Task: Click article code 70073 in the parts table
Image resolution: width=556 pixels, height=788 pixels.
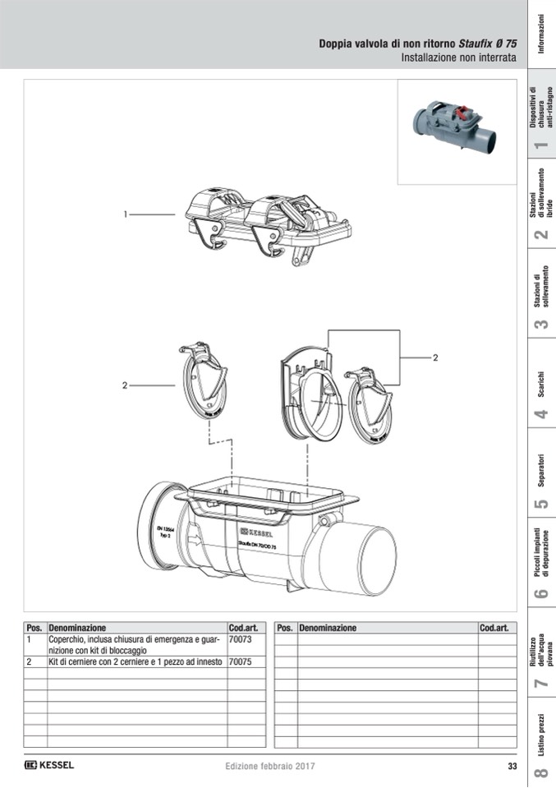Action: [241, 638]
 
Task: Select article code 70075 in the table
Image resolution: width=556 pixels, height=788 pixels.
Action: [241, 661]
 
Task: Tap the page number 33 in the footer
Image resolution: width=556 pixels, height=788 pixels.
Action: [512, 767]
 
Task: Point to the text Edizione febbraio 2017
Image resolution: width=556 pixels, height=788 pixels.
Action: [269, 767]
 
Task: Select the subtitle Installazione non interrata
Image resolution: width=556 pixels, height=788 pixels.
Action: [458, 58]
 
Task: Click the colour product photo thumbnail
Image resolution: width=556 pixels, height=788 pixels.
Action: [457, 131]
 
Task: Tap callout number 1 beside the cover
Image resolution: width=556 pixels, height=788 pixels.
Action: [126, 214]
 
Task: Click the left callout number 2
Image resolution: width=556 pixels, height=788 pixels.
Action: [125, 385]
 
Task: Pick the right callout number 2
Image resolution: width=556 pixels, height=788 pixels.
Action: [436, 357]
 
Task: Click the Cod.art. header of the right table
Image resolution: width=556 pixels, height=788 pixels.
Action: [496, 628]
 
